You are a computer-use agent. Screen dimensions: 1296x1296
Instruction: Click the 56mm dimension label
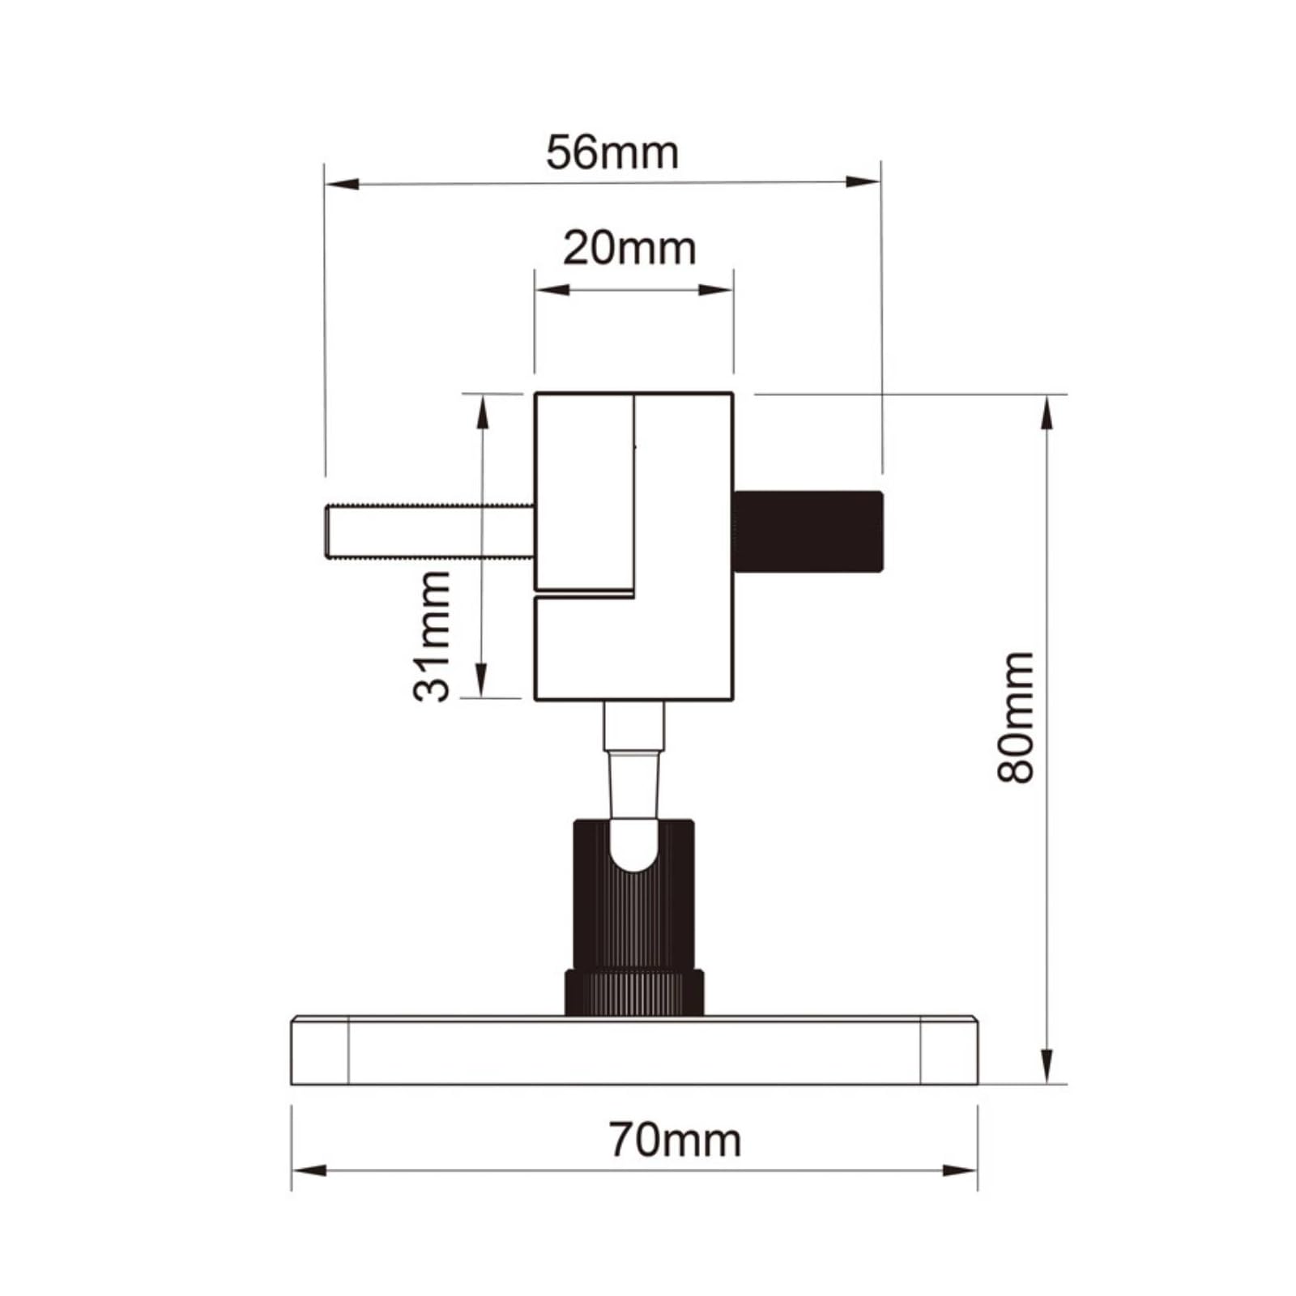click(x=612, y=152)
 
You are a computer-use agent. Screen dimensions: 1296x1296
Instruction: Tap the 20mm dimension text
click(x=629, y=248)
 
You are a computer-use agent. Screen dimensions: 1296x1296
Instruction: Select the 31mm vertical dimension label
click(x=431, y=636)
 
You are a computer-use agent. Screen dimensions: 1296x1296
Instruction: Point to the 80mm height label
click(x=1016, y=717)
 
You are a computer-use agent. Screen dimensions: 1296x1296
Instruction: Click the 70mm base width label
click(x=675, y=1140)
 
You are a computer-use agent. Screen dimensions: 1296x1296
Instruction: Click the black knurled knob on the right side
click(x=808, y=531)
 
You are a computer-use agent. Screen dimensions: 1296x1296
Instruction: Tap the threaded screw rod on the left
click(x=430, y=531)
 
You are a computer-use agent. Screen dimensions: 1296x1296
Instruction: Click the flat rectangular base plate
click(x=634, y=1051)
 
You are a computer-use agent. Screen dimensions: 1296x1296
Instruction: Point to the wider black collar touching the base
click(x=633, y=992)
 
